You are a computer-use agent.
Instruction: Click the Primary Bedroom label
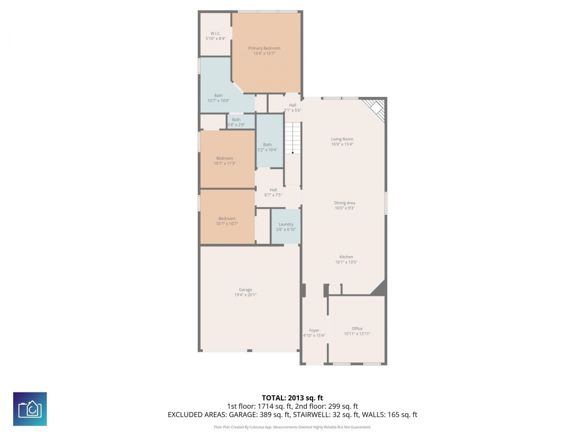pyautogui.click(x=264, y=48)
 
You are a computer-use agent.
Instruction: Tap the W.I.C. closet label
pyautogui.click(x=216, y=33)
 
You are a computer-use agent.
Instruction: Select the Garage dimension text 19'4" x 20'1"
pyautogui.click(x=245, y=295)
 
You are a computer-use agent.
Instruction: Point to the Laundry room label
pyautogui.click(x=286, y=224)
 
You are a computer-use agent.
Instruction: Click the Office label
pyautogui.click(x=357, y=328)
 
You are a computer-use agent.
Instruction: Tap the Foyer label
pyautogui.click(x=314, y=330)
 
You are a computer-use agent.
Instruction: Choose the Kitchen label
pyautogui.click(x=346, y=257)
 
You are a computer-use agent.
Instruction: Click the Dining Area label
pyautogui.click(x=345, y=203)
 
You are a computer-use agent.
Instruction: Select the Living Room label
pyautogui.click(x=342, y=139)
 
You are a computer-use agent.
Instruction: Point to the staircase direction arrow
pyautogui.click(x=292, y=152)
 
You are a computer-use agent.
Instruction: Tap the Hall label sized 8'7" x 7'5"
pyautogui.click(x=273, y=190)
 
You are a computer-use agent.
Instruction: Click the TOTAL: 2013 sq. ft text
pyautogui.click(x=292, y=398)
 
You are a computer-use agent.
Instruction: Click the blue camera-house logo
pyautogui.click(x=30, y=409)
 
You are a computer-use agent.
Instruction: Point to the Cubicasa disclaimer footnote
pyautogui.click(x=292, y=427)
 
